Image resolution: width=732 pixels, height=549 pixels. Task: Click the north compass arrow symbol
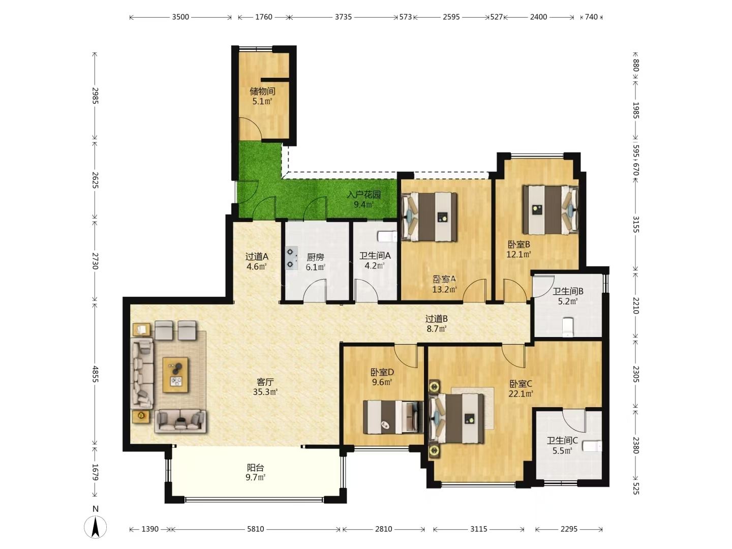(x=96, y=527)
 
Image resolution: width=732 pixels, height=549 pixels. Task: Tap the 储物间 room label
(x=262, y=91)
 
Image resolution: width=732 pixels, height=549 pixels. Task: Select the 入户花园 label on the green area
(x=364, y=195)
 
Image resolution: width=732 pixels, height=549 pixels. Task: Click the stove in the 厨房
(x=291, y=258)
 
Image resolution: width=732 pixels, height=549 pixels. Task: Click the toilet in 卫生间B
(x=568, y=327)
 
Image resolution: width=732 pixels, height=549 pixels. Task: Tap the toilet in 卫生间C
(x=592, y=446)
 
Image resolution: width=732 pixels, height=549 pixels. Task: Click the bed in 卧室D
(x=393, y=417)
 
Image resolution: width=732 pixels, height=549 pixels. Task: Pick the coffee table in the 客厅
(x=175, y=375)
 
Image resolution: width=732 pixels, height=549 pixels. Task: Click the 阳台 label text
(x=256, y=468)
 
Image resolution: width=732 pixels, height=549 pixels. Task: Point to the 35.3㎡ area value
(x=265, y=392)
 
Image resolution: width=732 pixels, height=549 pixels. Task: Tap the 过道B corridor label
(x=437, y=319)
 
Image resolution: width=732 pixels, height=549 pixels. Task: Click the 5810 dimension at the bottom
(x=256, y=529)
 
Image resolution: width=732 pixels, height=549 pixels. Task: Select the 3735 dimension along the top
(x=343, y=17)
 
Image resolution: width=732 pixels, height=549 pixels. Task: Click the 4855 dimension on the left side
(x=96, y=374)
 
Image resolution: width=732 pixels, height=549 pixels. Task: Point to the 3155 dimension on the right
(x=635, y=224)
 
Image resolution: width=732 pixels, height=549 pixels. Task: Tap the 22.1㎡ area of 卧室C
(x=521, y=393)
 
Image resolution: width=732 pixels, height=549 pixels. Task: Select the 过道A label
(x=257, y=257)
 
